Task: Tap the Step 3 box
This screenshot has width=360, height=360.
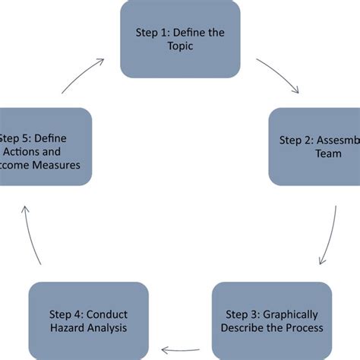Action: point(271,320)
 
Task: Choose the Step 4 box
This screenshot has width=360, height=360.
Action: point(88,320)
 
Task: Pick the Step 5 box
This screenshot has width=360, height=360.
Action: point(46,146)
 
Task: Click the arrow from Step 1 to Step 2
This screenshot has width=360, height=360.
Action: point(279,76)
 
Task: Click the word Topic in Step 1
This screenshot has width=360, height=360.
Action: point(181,46)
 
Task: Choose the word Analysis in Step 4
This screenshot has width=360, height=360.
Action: point(108,327)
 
